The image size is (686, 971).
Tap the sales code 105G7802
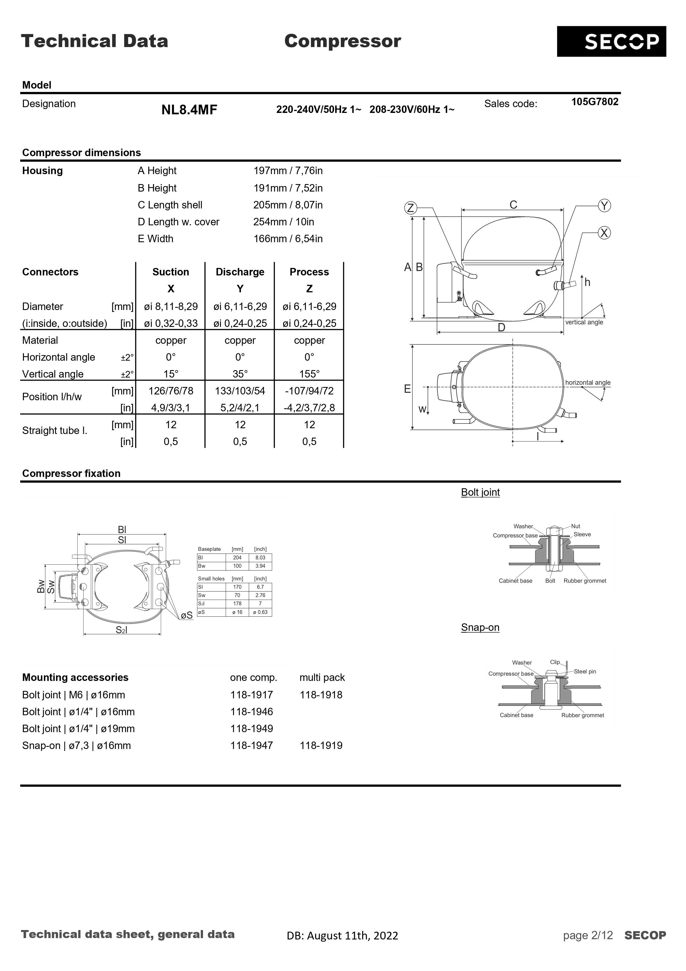(x=594, y=102)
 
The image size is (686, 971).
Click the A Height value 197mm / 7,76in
(x=288, y=171)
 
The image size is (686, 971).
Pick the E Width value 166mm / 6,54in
(x=288, y=239)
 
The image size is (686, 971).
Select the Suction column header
(x=170, y=272)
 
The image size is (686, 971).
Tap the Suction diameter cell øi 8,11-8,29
(x=170, y=307)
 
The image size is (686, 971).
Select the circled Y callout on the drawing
(x=604, y=206)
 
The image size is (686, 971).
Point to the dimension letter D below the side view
(x=501, y=327)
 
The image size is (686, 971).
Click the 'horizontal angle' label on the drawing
(x=588, y=383)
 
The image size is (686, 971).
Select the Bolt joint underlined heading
(x=480, y=492)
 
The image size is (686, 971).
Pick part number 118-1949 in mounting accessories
(x=251, y=729)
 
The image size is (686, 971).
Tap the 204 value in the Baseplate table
(x=237, y=558)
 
